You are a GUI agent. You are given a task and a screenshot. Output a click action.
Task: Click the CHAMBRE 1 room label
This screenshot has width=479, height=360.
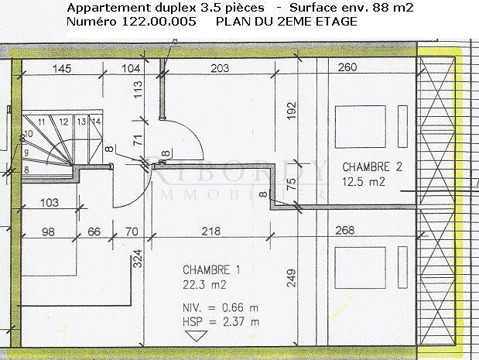pyautogui.click(x=212, y=270)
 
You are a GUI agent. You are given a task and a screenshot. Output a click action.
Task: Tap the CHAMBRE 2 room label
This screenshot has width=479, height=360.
pyautogui.click(x=372, y=166)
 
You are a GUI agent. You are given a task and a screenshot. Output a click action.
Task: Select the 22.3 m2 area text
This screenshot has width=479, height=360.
pyautogui.click(x=200, y=284)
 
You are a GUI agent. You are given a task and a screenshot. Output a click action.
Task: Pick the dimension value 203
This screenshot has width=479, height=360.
pyautogui.click(x=220, y=68)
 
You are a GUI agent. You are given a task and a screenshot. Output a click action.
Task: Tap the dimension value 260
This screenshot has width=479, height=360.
pyautogui.click(x=348, y=68)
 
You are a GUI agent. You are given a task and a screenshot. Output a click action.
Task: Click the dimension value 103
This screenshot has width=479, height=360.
pyautogui.click(x=49, y=203)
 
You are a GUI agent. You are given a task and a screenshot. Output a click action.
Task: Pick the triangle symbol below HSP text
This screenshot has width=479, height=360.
pyautogui.click(x=195, y=336)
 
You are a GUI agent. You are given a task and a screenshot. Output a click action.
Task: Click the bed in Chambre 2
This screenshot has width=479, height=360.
pyautogui.click(x=361, y=124)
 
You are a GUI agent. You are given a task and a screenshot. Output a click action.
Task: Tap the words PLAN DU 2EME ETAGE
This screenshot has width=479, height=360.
pyautogui.click(x=286, y=22)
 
